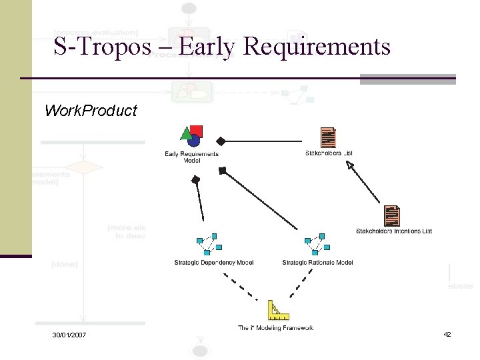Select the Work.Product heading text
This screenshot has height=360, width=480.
coord(90,111)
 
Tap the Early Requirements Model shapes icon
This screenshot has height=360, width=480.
coord(192,136)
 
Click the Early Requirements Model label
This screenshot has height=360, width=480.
coord(192,157)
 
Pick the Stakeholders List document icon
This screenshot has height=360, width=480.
coord(328,137)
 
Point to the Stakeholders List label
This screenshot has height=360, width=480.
coord(329,153)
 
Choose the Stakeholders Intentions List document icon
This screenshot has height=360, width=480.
coord(392,216)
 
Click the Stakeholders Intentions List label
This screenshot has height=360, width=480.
coord(394,231)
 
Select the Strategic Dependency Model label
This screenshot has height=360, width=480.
coord(213,262)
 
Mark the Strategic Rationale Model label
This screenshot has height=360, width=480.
coord(317,262)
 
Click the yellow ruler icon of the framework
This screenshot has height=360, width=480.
coord(277,311)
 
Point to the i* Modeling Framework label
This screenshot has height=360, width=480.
coord(275,327)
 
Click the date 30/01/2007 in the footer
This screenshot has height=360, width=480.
coord(70,334)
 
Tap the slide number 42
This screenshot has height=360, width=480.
coord(447,333)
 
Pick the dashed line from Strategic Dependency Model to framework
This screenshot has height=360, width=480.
coord(240,287)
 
